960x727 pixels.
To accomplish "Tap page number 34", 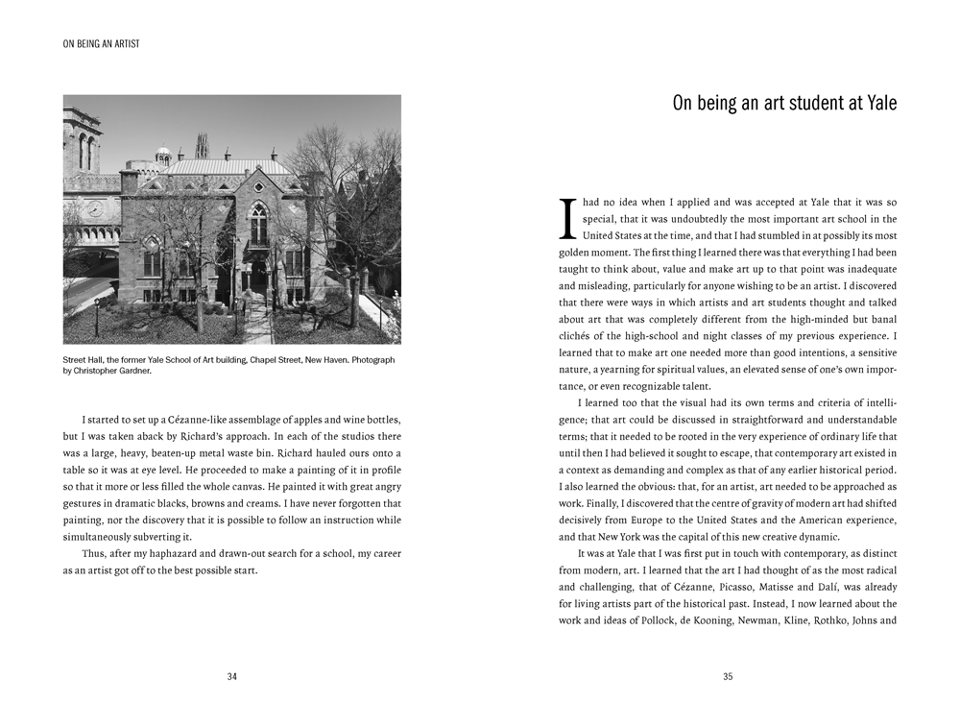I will coord(231,676).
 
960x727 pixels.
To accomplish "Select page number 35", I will coord(728,676).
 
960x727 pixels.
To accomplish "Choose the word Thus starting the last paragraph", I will coord(93,554).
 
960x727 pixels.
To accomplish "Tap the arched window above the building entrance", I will coord(259,223).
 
